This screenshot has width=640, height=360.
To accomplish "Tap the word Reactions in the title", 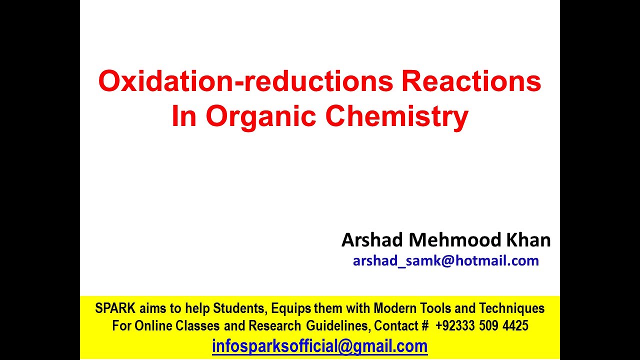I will tap(471, 81).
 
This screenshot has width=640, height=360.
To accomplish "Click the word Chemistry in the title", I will tap(396, 116).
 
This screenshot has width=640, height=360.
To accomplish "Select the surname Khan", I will tap(528, 240).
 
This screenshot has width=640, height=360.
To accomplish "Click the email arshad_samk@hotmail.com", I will tap(445, 260).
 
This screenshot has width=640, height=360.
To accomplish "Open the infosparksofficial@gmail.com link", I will tap(319, 346).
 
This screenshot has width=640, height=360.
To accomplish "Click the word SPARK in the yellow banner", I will tap(115, 308).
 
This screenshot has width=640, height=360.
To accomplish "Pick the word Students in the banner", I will tap(237, 308).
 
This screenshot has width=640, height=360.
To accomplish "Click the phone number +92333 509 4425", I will tap(481, 326).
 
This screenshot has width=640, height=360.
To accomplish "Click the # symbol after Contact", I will tap(425, 326).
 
